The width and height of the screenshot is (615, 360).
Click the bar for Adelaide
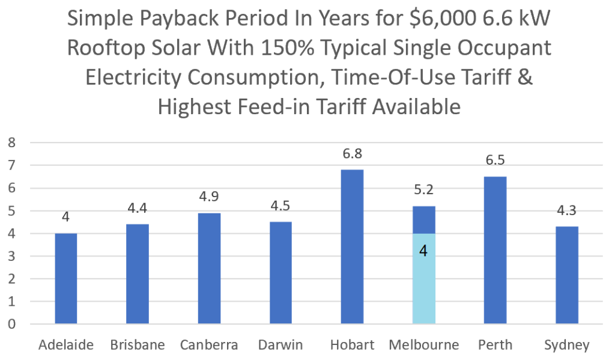tap(65, 279)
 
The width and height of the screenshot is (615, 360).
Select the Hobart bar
tap(352, 246)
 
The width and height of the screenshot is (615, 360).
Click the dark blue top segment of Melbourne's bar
tap(423, 220)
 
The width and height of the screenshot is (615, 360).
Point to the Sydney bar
tap(566, 275)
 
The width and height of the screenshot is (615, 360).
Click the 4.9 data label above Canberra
tap(209, 198)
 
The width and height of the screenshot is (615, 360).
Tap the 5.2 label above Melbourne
tap(423, 192)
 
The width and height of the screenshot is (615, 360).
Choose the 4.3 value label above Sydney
tap(566, 212)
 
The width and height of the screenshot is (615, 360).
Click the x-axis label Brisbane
tap(138, 345)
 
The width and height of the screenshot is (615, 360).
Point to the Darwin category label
tap(280, 345)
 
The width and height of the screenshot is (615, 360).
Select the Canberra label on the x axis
tap(209, 345)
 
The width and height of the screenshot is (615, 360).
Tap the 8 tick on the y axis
tap(10, 143)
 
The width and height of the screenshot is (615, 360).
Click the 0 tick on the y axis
tap(10, 325)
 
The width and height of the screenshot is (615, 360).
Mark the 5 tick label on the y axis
tap(10, 211)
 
